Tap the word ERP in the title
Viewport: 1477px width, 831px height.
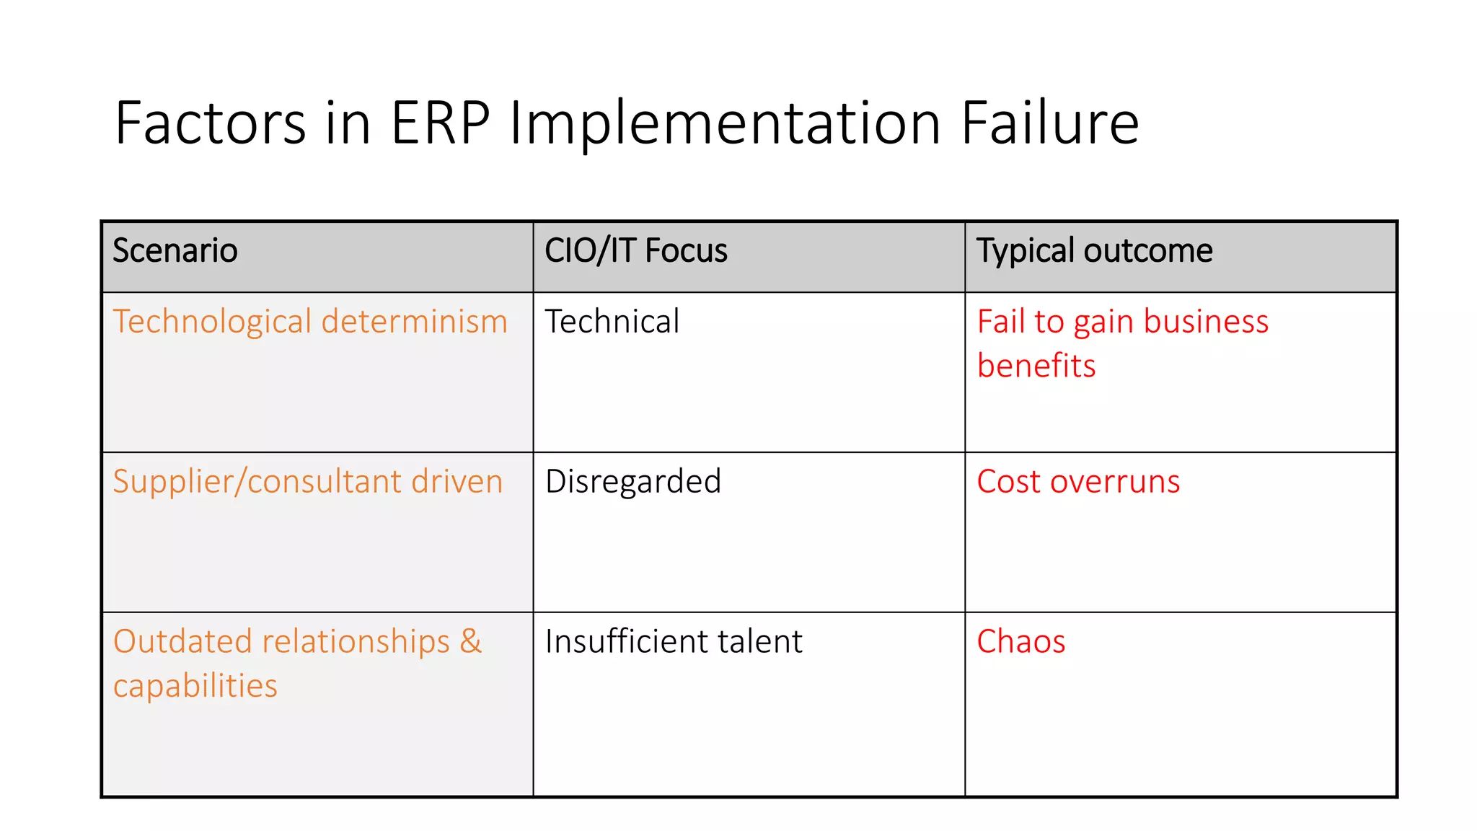(x=440, y=123)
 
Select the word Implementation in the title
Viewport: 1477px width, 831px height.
(x=725, y=123)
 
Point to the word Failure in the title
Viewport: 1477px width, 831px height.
(x=1049, y=123)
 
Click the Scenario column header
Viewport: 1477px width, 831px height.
(x=175, y=251)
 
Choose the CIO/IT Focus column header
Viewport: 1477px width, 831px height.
(x=635, y=251)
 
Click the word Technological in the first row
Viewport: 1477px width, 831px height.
(x=212, y=322)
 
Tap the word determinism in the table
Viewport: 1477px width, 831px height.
(x=415, y=322)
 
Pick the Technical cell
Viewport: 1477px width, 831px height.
(x=612, y=322)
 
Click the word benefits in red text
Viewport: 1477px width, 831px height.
(x=1036, y=366)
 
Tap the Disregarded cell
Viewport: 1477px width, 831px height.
(x=633, y=482)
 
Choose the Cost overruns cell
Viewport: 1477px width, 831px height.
(x=1078, y=482)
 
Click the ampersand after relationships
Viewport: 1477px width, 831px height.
(x=470, y=641)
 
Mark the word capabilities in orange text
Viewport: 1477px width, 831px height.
(x=195, y=686)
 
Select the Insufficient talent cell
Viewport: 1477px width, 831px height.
(x=674, y=641)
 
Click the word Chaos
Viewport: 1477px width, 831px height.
(x=1021, y=641)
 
